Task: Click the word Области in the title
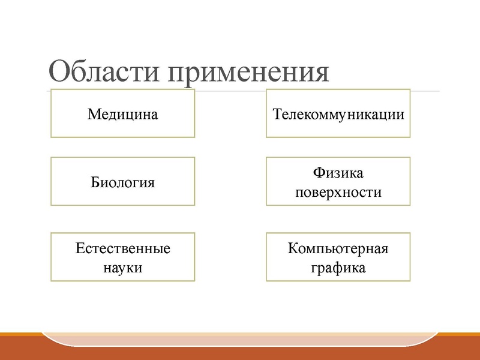point(106,72)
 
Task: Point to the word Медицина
point(122,114)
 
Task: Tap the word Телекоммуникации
point(338,114)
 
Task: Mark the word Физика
point(338,173)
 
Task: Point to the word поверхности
point(338,193)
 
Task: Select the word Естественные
point(122,248)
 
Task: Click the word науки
point(122,268)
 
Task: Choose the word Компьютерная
point(338,248)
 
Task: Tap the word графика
point(338,268)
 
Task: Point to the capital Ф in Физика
point(317,173)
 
